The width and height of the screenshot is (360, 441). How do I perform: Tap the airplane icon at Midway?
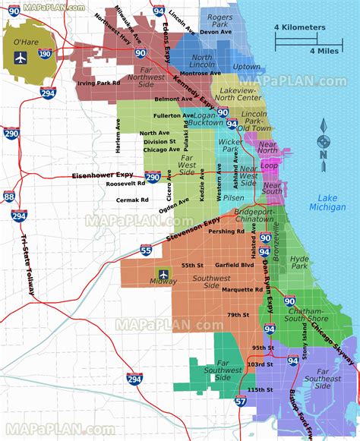163,274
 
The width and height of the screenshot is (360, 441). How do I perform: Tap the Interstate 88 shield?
9,197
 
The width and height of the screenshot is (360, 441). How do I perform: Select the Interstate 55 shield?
147,249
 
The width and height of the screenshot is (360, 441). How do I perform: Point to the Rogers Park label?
220,20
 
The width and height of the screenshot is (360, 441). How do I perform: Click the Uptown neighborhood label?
247,67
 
